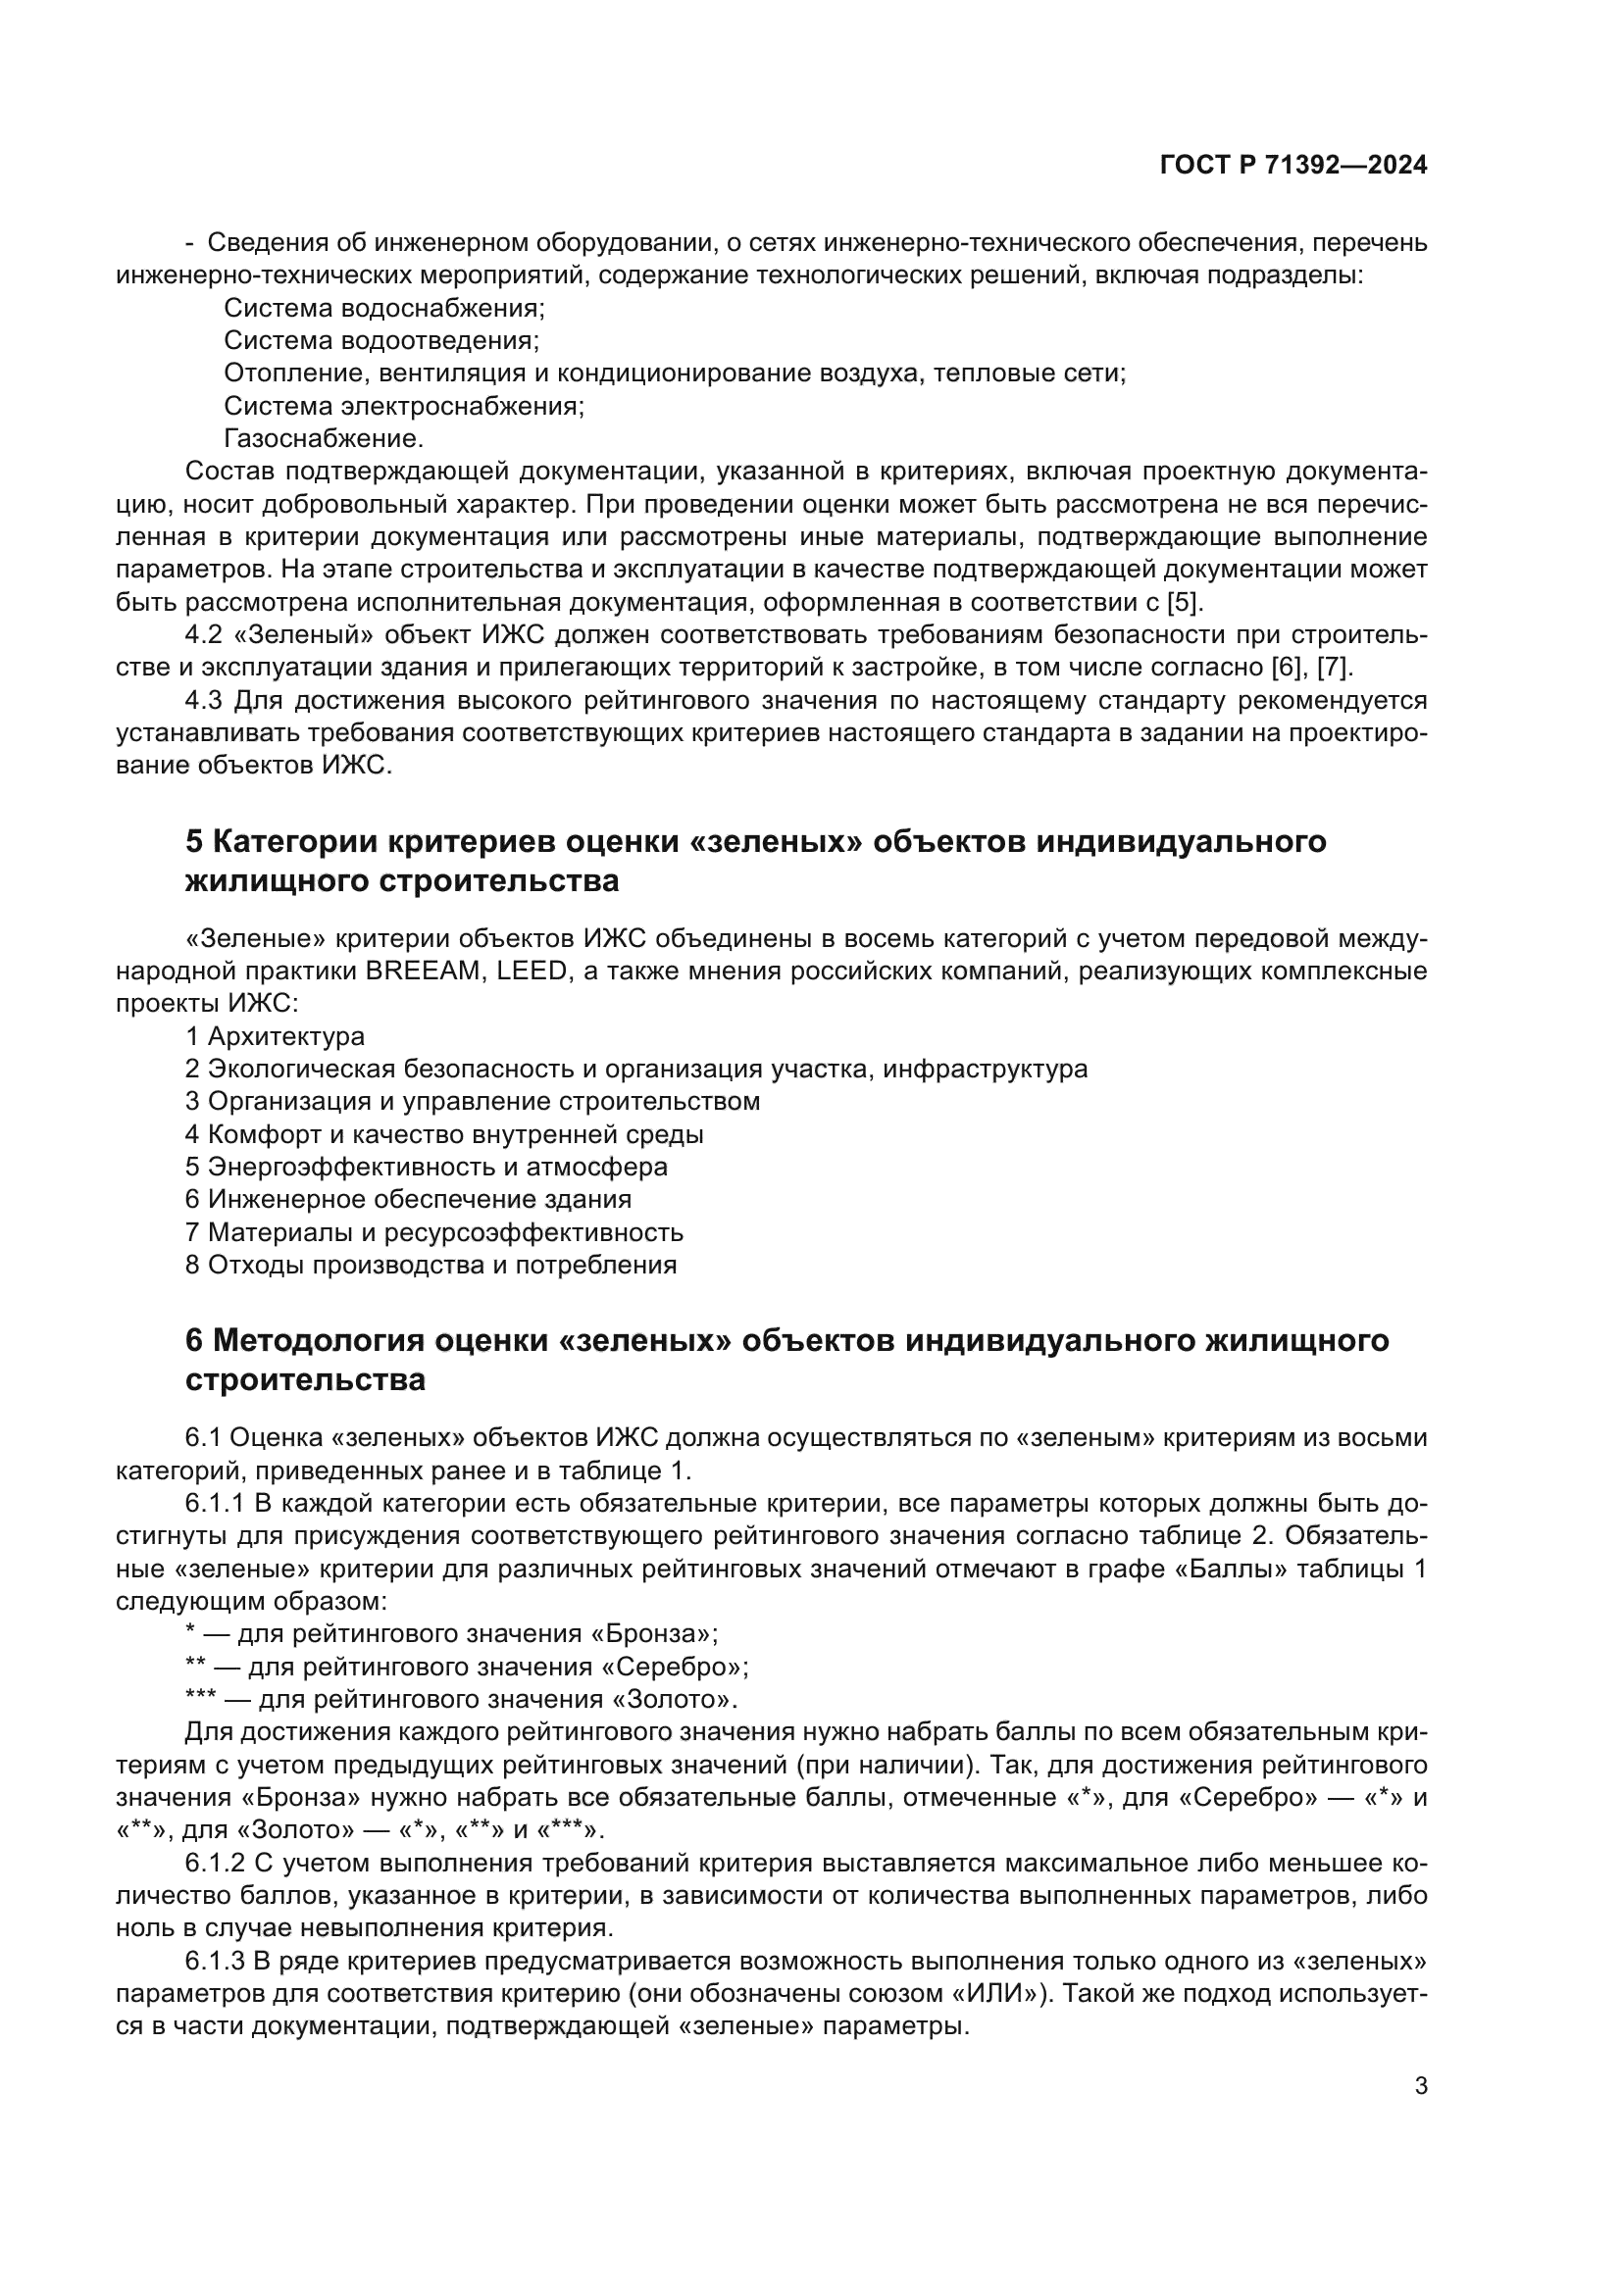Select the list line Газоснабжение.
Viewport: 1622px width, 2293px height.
click(x=324, y=438)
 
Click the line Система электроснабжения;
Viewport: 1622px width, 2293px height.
click(x=403, y=406)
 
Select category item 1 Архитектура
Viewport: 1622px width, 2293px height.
click(x=275, y=1036)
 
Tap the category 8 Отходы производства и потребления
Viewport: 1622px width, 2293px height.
click(x=431, y=1266)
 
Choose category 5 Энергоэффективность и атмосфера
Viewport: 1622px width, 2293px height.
click(x=427, y=1168)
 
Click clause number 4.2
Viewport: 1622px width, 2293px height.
click(x=204, y=635)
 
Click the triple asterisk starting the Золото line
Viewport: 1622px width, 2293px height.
click(x=201, y=1699)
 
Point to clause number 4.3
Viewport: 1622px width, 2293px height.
click(x=204, y=700)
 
